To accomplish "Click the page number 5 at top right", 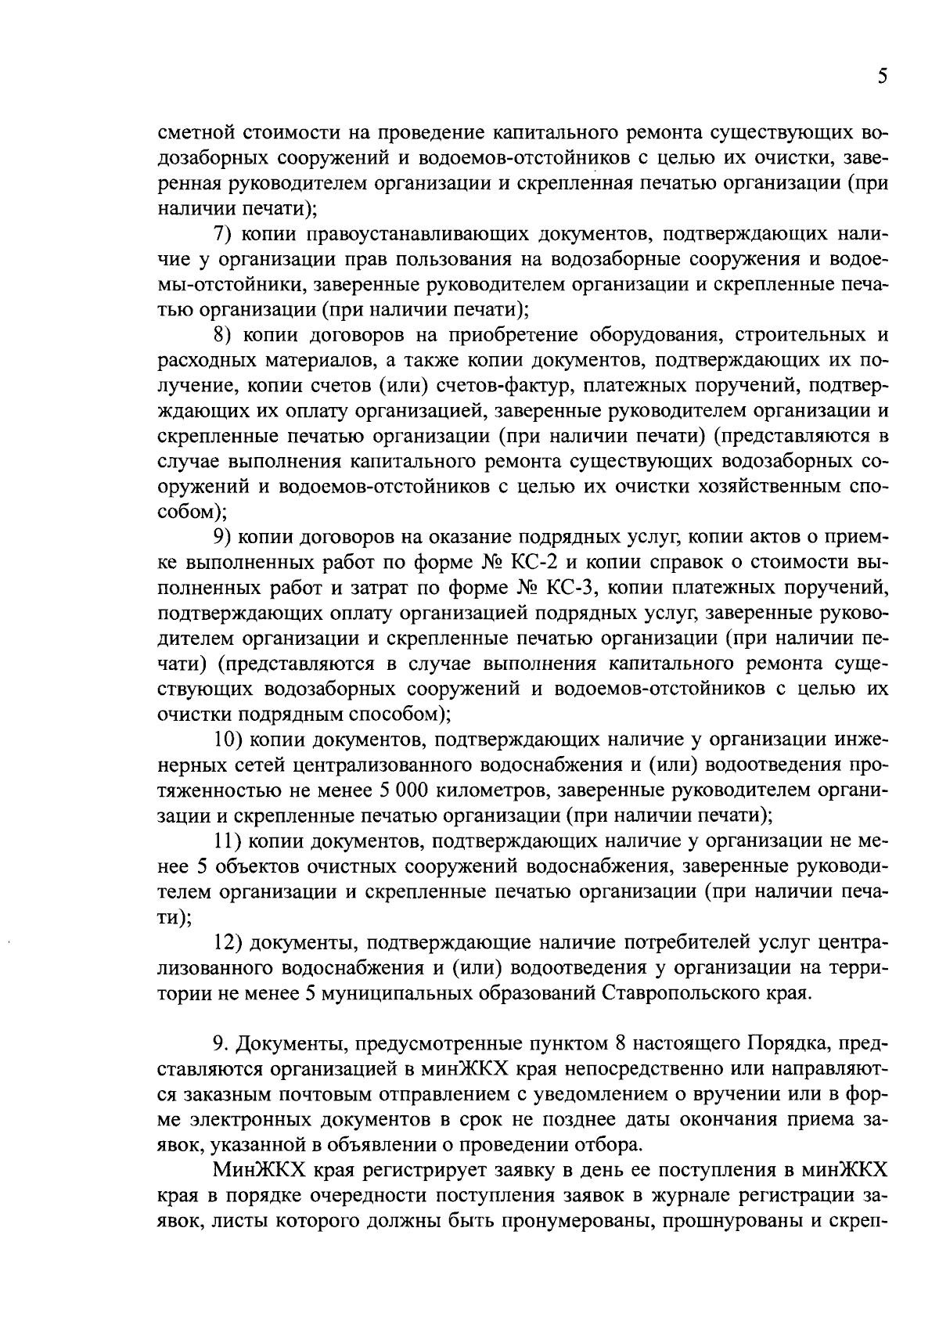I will click(882, 76).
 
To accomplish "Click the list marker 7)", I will click(224, 235).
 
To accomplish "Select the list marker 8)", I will click(224, 336).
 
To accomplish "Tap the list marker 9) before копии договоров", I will click(224, 538).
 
